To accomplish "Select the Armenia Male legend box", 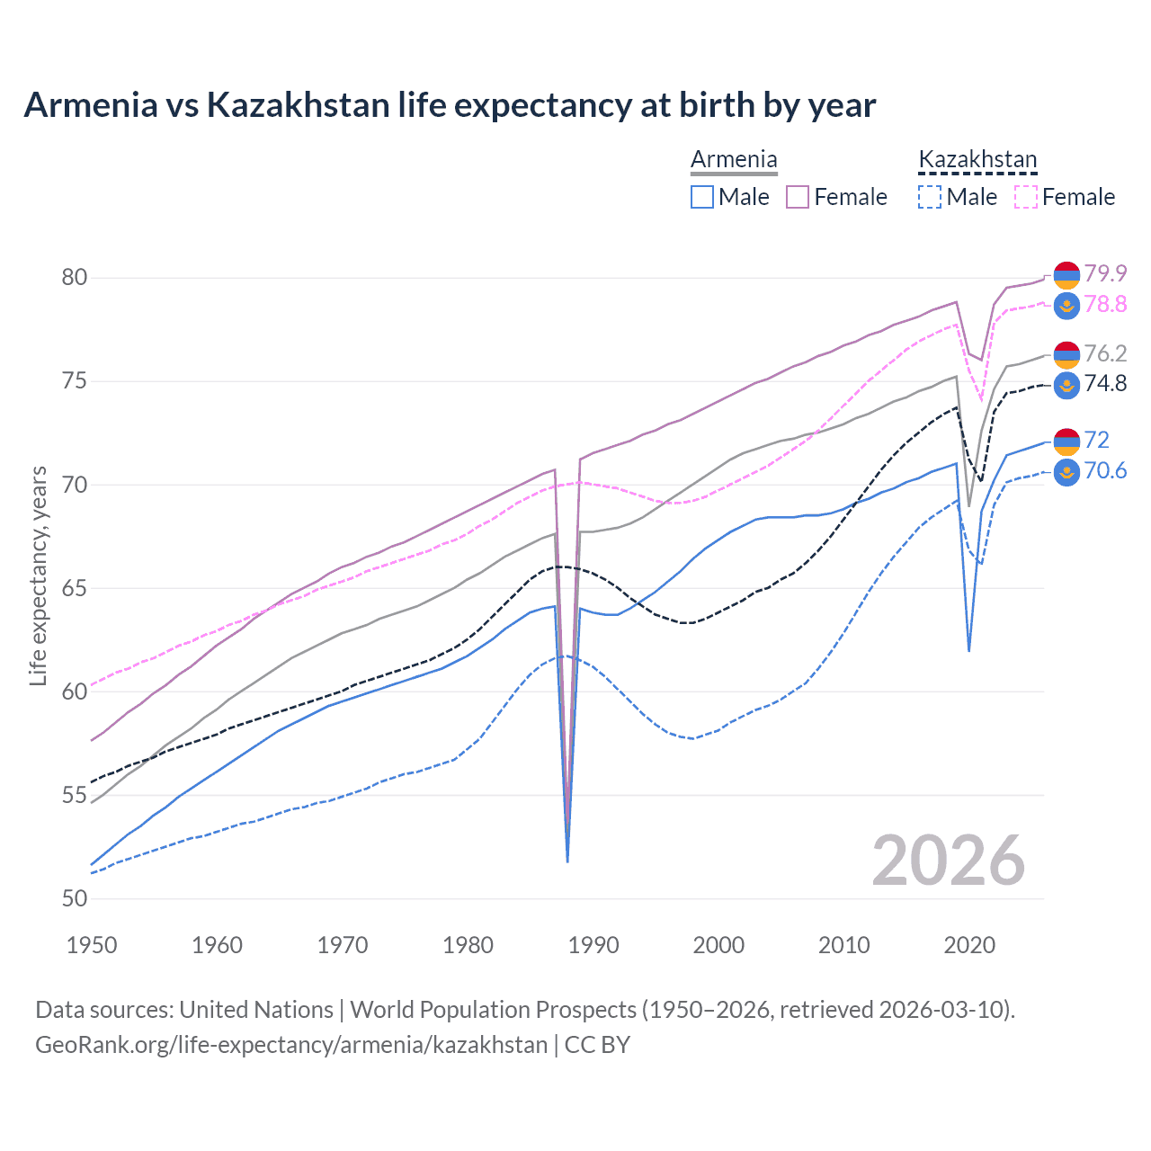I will click(702, 197).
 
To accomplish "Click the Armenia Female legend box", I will click(798, 197).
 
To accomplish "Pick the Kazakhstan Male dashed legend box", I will click(930, 197).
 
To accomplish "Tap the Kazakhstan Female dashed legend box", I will click(1025, 197).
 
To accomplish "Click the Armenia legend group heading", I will click(734, 160).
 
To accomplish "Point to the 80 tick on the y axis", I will click(75, 277).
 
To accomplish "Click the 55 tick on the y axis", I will click(75, 795).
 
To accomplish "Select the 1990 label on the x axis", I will click(593, 945).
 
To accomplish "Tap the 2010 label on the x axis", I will click(843, 945).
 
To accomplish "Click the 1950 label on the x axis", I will click(92, 945).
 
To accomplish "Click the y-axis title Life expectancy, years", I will click(38, 575).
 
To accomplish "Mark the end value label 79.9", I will click(1105, 273).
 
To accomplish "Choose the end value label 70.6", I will click(1105, 471).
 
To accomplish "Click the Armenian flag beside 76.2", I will click(1066, 354).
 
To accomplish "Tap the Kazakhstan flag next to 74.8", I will click(1066, 385).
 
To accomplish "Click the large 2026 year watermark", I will click(949, 861).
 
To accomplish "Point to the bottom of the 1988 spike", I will click(567, 861).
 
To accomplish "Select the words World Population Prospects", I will click(493, 1010).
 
